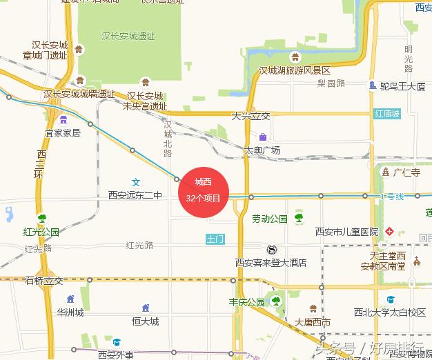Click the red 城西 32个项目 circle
coord(204,190)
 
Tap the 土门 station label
coord(215,239)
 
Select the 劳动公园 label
coord(269,219)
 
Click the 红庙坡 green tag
coord(387,113)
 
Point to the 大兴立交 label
coord(251,116)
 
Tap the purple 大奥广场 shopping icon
coord(263,137)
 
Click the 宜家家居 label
coord(63,132)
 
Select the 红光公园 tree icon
coord(41,219)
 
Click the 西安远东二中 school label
coord(135,196)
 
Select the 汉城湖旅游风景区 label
coord(295,71)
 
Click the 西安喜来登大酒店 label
coord(271,263)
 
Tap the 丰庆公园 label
coord(247,302)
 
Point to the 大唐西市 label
coord(313,322)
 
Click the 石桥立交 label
coord(43,281)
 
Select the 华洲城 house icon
coord(70,299)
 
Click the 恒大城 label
coord(146,321)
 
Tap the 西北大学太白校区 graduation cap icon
coord(391,300)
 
